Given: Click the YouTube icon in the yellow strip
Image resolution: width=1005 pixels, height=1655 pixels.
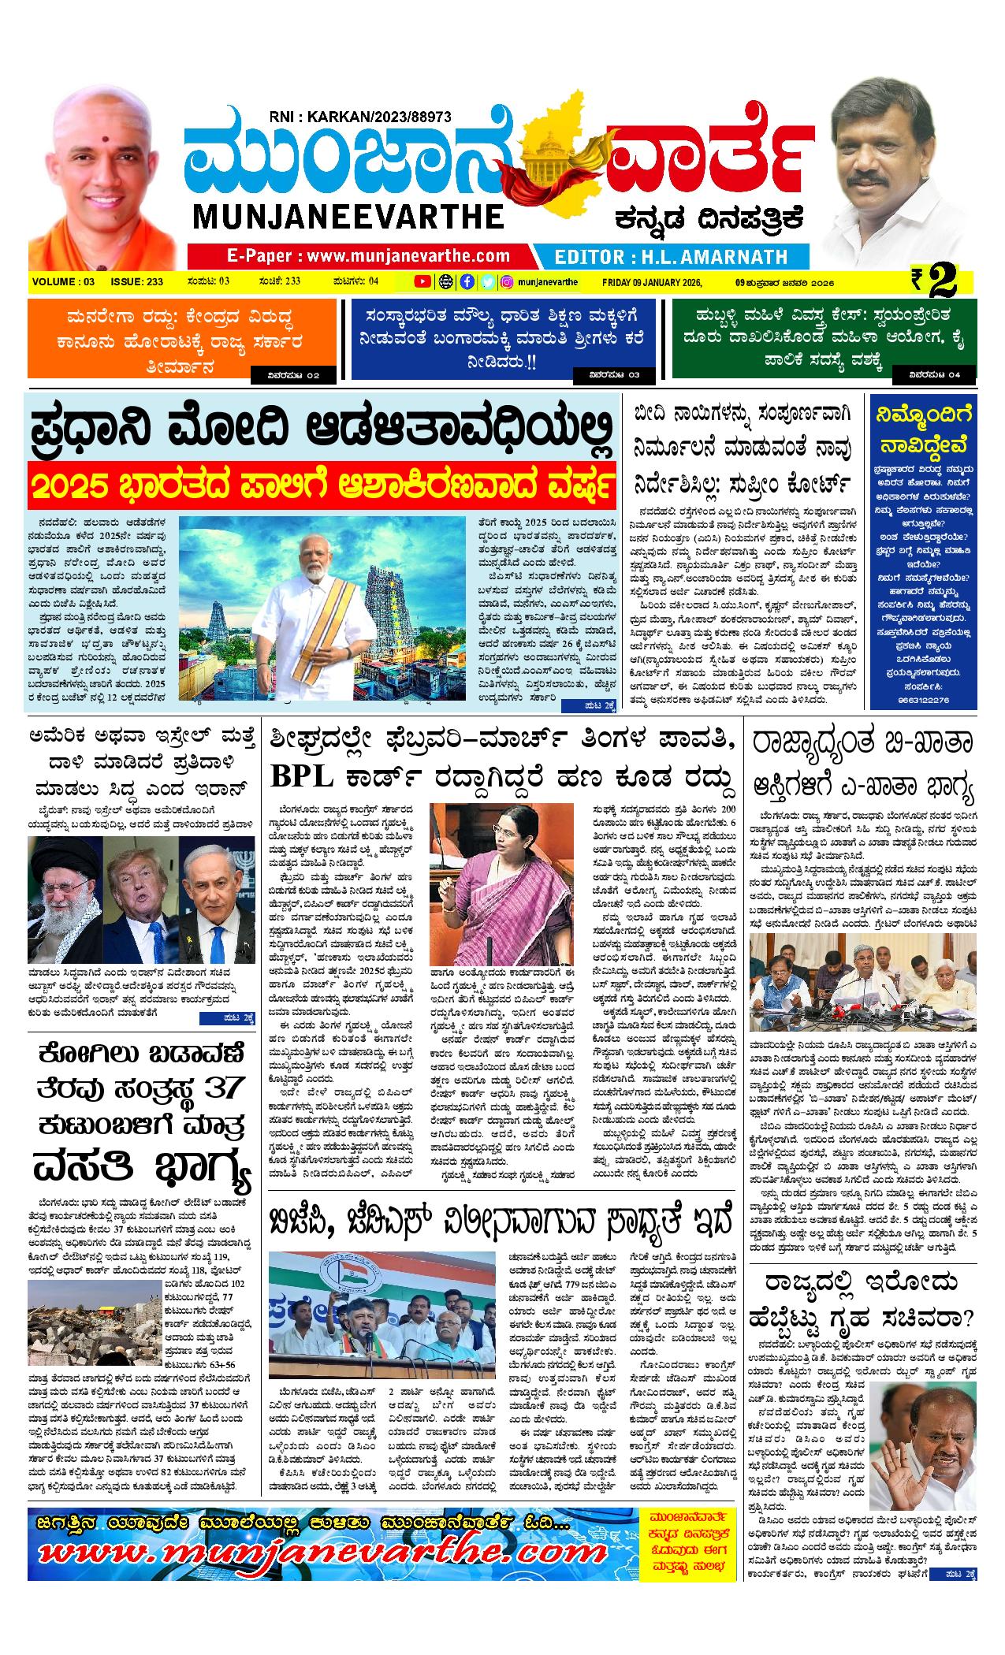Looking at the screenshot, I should click(x=422, y=281).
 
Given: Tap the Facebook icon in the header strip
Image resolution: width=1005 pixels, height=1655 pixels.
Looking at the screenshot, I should click(x=467, y=281).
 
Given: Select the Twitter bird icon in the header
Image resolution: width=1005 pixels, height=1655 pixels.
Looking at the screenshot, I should click(x=488, y=281).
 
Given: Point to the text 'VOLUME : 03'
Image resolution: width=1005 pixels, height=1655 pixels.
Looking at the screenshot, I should click(x=64, y=282).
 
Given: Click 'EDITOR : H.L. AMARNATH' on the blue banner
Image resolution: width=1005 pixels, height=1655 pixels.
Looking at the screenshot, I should click(x=671, y=256).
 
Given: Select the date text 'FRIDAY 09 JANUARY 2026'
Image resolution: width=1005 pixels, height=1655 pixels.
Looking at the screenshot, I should click(x=651, y=282).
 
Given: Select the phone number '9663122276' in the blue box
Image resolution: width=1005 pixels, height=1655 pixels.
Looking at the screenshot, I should click(x=921, y=699).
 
